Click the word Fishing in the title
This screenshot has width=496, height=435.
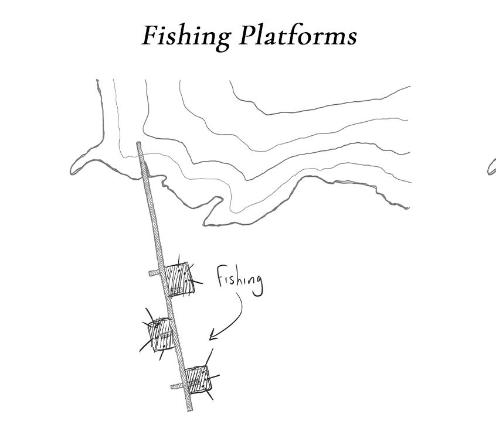pos(186,36)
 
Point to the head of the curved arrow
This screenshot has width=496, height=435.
pos(211,338)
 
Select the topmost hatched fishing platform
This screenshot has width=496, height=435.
pos(179,279)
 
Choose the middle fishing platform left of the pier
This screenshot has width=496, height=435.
pos(159,334)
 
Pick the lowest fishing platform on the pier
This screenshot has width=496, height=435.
pos(198,379)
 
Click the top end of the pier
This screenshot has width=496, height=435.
pos(139,144)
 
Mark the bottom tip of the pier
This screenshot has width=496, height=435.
pos(189,409)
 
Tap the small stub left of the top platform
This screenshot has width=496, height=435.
pos(154,272)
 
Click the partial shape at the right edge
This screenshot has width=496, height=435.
pos(491,169)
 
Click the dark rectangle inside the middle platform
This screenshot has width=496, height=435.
pos(165,335)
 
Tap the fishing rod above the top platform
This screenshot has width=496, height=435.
pos(179,259)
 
